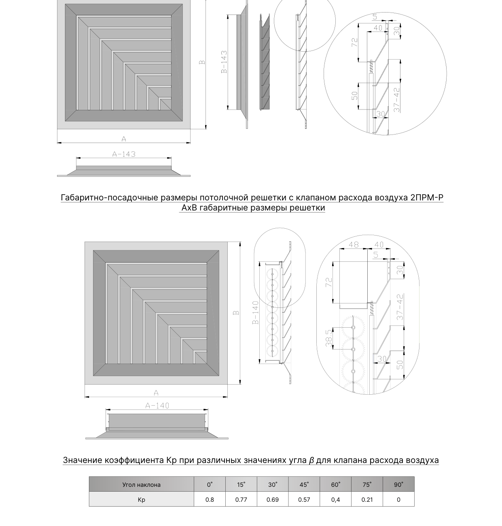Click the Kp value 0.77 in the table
(x=241, y=499)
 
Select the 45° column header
(x=304, y=484)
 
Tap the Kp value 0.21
(x=367, y=499)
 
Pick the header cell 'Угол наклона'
(x=142, y=485)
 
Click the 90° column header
(x=398, y=484)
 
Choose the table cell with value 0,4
(x=335, y=499)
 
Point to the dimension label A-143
(x=124, y=154)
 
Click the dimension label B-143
(x=224, y=62)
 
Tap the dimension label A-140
(x=157, y=406)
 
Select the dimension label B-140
(x=256, y=313)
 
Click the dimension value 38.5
(x=329, y=338)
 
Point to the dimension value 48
(x=354, y=244)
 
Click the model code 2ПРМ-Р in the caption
(x=427, y=198)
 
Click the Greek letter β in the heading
(x=311, y=461)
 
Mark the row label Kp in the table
(x=142, y=500)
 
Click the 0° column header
(x=210, y=484)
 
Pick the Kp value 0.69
(x=273, y=499)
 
